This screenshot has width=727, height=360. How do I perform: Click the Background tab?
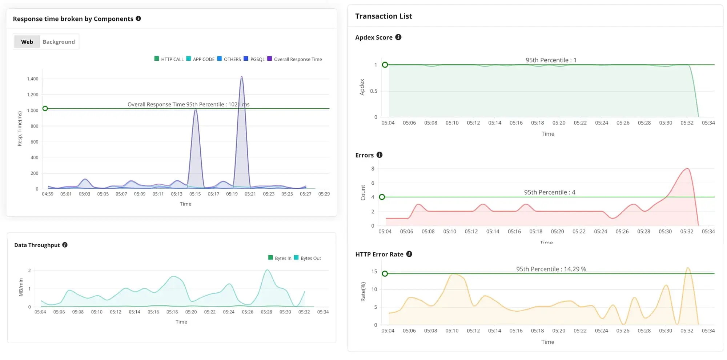[59, 42]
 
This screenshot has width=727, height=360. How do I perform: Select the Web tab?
[27, 42]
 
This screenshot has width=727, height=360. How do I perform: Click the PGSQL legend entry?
[254, 59]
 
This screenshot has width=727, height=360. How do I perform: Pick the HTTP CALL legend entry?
[169, 59]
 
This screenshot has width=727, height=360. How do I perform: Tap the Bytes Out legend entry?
[308, 258]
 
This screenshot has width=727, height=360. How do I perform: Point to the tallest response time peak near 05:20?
[242, 77]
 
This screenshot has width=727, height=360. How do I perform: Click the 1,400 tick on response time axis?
[33, 79]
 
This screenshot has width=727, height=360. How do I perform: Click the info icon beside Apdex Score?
[398, 37]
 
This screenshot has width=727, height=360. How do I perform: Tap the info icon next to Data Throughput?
[65, 245]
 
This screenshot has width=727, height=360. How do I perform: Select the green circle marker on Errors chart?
[382, 197]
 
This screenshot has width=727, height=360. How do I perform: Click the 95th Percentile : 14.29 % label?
[551, 269]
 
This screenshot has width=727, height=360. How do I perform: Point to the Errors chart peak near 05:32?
[687, 169]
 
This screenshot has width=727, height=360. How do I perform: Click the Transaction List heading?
[383, 16]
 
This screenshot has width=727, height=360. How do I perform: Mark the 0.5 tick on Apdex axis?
[373, 91]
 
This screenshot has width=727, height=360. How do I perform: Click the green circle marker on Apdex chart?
[385, 65]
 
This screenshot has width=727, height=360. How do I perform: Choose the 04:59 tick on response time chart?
[48, 194]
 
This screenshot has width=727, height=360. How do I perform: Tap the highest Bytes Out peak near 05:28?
[267, 270]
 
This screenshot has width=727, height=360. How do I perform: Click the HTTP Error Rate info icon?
[409, 254]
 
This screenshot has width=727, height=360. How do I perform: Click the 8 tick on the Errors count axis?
[373, 169]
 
